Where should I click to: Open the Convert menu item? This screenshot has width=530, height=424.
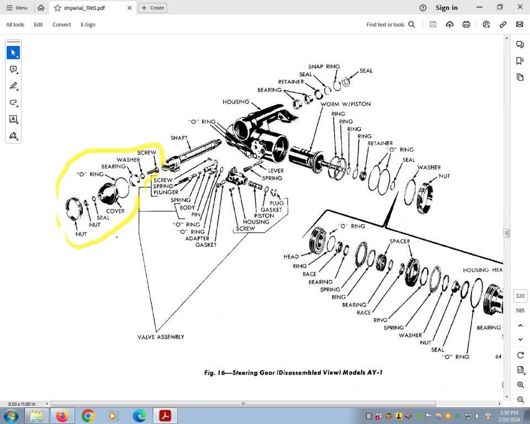coord(61,25)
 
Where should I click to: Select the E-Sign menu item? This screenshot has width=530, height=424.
coord(88,25)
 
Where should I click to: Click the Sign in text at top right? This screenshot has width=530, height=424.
coord(446,8)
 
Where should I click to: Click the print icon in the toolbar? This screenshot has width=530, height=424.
coord(466,25)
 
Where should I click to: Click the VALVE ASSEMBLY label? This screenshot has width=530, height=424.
coord(161,337)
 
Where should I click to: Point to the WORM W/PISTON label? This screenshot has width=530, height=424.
coord(346,104)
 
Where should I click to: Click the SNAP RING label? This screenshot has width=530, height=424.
coord(324,67)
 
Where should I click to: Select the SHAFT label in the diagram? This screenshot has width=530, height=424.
coord(179,138)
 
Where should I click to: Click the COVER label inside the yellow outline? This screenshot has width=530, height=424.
coord(115,211)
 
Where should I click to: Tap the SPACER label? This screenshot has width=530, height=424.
coord(399,241)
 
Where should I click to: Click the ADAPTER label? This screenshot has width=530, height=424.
coord(197,239)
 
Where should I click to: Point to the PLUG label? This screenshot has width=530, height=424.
coord(277,203)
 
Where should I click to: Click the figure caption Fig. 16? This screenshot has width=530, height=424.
coord(293,373)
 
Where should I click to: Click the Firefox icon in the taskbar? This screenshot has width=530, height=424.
coord(62,415)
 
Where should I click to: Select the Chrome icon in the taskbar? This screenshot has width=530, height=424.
coord(88,415)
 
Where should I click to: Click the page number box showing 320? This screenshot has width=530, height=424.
coord(520,296)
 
